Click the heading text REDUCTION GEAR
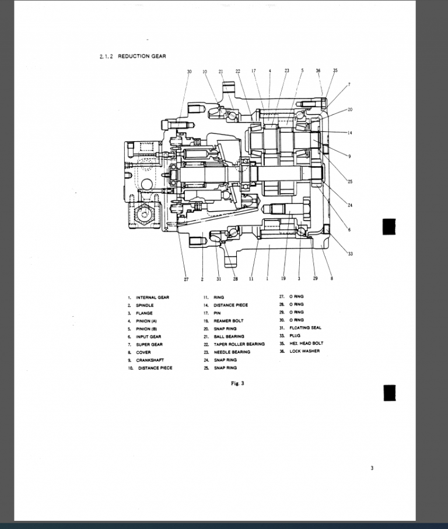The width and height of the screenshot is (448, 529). (142, 57)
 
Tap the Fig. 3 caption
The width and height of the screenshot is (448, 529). (237, 383)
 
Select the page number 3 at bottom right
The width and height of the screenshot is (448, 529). (372, 467)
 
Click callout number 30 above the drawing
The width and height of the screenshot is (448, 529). (189, 71)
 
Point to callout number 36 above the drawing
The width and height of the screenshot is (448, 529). (318, 71)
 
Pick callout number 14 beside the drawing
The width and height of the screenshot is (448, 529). (349, 133)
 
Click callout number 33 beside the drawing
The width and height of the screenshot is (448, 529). (350, 254)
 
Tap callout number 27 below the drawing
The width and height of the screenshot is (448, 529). (186, 279)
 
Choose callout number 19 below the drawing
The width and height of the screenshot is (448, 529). (283, 279)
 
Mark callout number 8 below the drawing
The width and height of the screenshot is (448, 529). (331, 279)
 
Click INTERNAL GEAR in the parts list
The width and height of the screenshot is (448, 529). (152, 297)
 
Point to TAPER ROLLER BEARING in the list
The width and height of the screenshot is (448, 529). (239, 344)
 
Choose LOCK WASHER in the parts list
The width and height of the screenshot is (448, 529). (304, 351)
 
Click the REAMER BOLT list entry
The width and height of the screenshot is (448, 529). (229, 321)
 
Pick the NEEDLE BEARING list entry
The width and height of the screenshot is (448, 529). (232, 352)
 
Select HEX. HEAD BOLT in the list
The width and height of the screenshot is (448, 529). (306, 344)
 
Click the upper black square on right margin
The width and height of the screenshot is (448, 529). (389, 226)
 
